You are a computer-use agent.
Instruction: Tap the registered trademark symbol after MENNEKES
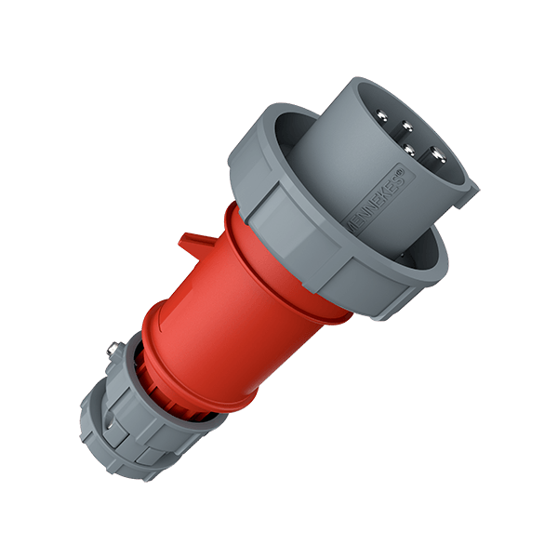[x=397, y=170]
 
